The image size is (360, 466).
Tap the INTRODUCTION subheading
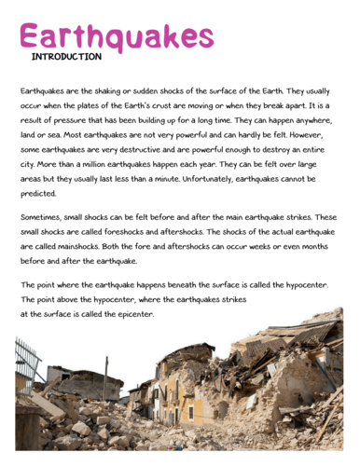(66, 57)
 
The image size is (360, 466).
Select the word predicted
(38, 194)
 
